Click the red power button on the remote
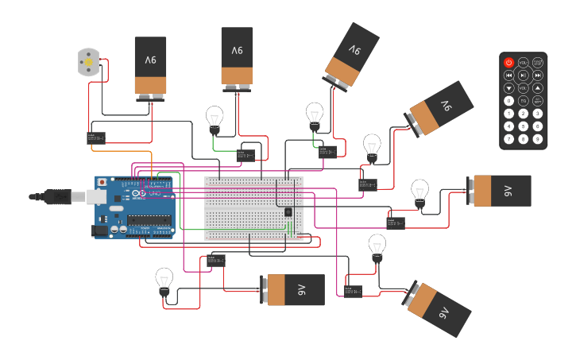pos(509,62)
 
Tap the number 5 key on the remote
pos(524,126)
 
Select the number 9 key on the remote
pos(538,139)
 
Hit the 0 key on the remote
pos(509,101)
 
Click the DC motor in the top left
pos(88,62)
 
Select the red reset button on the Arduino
pos(102,182)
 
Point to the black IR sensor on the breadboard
pos(288,211)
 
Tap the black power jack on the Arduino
pos(100,230)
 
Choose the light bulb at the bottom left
pos(164,281)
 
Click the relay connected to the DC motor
pos(95,138)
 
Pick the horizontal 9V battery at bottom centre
pos(294,290)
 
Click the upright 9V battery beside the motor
pos(150,66)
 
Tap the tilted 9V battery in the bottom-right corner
pos(439,308)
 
